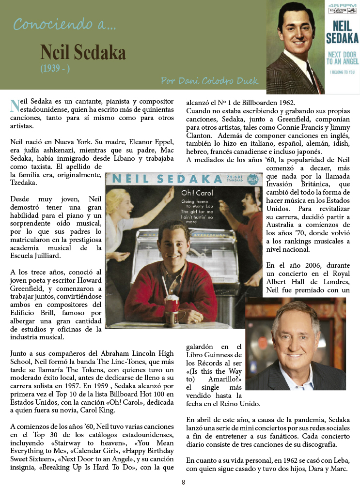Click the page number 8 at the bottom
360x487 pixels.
click(184, 482)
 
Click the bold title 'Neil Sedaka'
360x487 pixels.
click(83, 52)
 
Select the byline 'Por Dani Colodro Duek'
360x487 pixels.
click(210, 81)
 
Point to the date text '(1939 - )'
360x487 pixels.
click(55, 68)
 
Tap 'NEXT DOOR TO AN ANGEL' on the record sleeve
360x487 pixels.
click(342, 58)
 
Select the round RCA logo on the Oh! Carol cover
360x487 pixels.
click(252, 179)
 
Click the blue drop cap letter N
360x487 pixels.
click(15, 105)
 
